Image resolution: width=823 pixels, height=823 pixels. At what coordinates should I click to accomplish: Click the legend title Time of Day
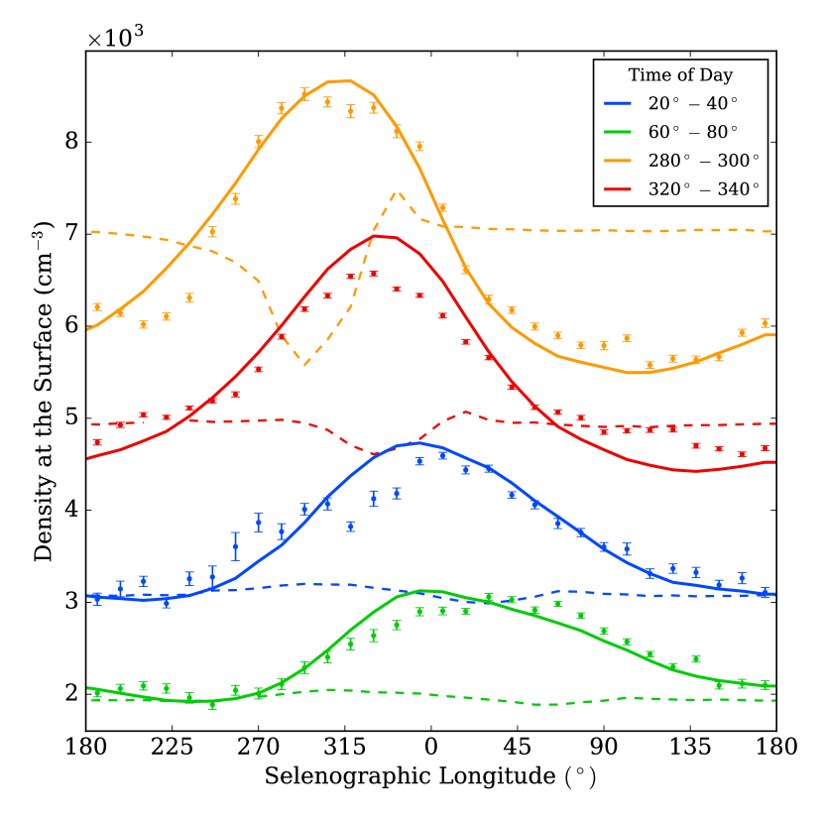point(680,75)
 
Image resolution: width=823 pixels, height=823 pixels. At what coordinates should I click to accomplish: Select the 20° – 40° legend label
point(692,104)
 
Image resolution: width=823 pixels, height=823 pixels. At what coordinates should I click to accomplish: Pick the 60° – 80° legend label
point(692,133)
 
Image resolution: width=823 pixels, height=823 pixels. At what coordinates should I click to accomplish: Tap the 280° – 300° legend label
point(703,161)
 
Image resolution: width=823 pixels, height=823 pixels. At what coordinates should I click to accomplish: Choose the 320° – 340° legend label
point(703,189)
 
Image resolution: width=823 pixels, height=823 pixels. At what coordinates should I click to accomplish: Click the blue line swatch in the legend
point(618,104)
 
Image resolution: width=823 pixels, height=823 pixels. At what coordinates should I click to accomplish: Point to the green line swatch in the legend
point(618,133)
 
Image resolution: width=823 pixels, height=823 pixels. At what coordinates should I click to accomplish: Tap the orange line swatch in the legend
point(618,161)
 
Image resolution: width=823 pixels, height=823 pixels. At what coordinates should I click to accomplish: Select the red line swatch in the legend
point(618,189)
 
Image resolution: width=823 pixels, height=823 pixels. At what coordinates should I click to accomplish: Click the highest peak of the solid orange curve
point(339,80)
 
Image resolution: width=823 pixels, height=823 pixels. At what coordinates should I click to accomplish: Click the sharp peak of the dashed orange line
point(397,192)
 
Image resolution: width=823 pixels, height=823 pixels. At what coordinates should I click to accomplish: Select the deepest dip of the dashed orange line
point(305,366)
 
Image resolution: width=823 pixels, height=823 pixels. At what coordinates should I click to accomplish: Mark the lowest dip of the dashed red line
point(377,454)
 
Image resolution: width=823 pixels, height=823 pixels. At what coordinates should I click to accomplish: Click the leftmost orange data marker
point(97,307)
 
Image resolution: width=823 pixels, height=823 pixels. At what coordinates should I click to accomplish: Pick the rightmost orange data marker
point(764,323)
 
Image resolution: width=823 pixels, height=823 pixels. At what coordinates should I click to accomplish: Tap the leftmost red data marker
point(97,443)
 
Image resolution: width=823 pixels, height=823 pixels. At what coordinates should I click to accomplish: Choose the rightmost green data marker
point(764,684)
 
